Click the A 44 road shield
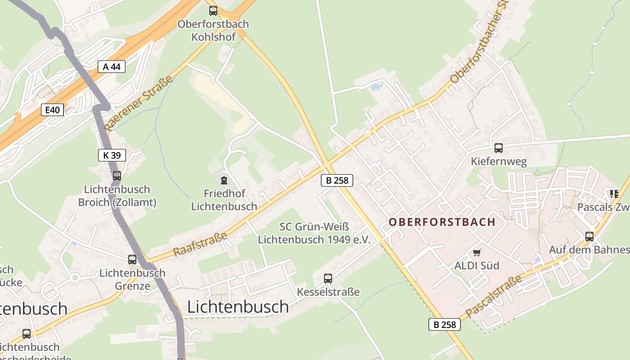click(x=111, y=67)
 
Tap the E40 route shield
click(x=52, y=109)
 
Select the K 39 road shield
click(x=112, y=155)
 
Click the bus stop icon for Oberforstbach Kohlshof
click(x=213, y=10)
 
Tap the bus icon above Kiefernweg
click(x=498, y=148)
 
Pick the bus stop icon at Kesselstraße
click(x=328, y=279)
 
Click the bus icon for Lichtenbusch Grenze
click(x=132, y=259)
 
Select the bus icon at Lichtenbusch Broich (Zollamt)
click(x=117, y=176)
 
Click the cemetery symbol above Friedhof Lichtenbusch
click(x=224, y=180)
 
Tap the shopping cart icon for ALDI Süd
click(x=477, y=253)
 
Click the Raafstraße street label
click(x=200, y=243)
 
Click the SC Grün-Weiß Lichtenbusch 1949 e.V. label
click(x=314, y=233)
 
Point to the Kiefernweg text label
click(x=499, y=161)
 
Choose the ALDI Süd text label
click(x=477, y=265)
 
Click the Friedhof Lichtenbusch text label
click(x=224, y=200)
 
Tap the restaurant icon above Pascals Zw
click(x=614, y=194)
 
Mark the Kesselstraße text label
click(x=328, y=292)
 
